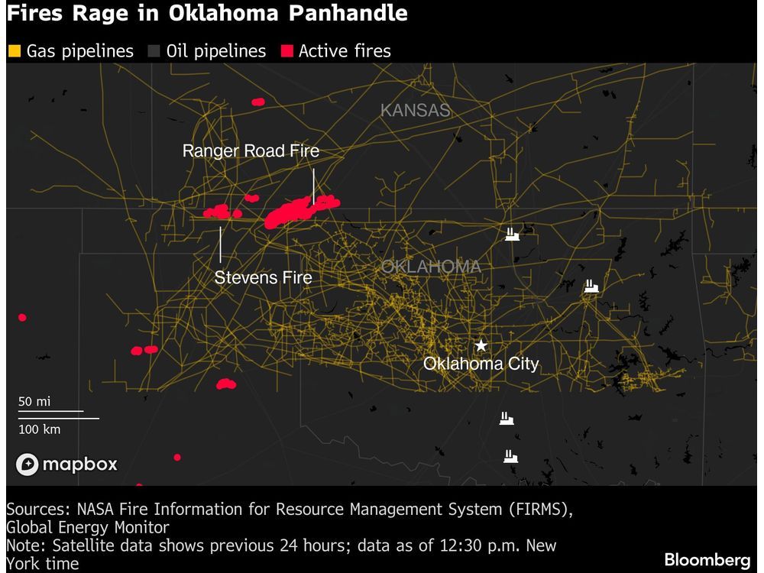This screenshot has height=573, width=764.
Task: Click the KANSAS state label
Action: pos(415,110)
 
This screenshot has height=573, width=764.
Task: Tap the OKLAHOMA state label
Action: pos(431,267)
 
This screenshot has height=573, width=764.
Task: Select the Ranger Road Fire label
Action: pos(251,151)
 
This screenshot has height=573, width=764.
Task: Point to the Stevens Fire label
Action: pos(264,277)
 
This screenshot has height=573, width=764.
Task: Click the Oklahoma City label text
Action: pos(481,364)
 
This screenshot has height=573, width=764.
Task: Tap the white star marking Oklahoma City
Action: pos(481,345)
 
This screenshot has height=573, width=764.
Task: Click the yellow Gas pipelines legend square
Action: pos(14,51)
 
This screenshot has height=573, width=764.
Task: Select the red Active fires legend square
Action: pos(286,51)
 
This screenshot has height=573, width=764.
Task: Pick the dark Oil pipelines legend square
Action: pos(154,51)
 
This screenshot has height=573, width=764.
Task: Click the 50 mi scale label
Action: pos(34,402)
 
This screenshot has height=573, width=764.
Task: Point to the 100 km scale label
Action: pos(40,429)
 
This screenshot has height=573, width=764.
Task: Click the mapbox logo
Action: pos(67,464)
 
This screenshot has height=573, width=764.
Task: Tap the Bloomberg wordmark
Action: pos(707,559)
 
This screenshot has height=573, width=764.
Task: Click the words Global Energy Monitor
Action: pos(88,527)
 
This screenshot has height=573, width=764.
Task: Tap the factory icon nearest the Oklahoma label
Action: pos(512,235)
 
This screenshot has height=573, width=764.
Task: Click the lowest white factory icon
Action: pos(510,456)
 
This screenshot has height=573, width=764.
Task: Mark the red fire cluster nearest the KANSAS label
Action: pos(258,101)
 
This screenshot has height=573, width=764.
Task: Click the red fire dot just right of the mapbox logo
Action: pos(177,457)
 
